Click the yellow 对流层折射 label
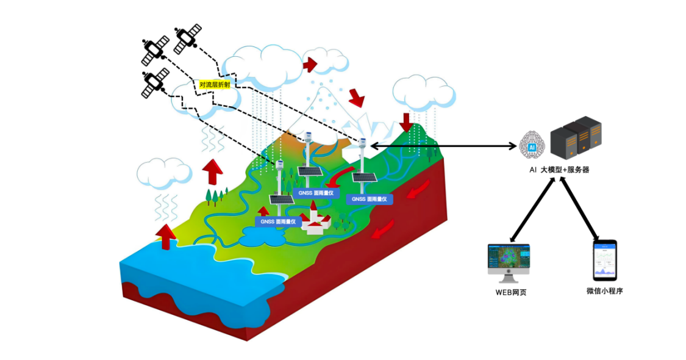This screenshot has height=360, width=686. pos(215,85)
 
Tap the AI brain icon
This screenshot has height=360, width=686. pos(532,144)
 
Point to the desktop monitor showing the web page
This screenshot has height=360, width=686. pos(509,261)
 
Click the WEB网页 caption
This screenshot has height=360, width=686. pos(510,292)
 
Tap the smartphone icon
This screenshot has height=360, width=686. pos(604,261)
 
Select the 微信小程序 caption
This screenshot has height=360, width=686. pos(604,291)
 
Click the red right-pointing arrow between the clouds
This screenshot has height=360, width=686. pos(310,63)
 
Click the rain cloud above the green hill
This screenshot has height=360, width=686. pos(423,92)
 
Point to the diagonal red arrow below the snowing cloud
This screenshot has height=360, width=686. pos(356,96)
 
